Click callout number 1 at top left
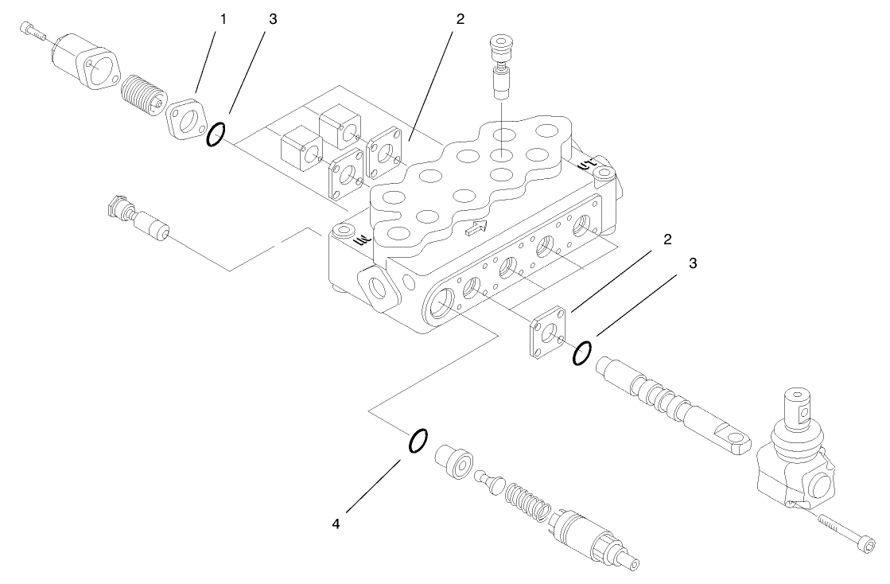tap(223, 19)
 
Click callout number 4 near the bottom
tap(336, 524)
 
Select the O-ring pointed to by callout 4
tap(418, 440)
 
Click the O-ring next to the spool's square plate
tap(582, 352)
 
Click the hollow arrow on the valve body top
tap(475, 230)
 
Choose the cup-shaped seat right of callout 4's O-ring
tap(454, 462)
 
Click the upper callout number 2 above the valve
tap(459, 19)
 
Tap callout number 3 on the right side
tap(692, 264)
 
